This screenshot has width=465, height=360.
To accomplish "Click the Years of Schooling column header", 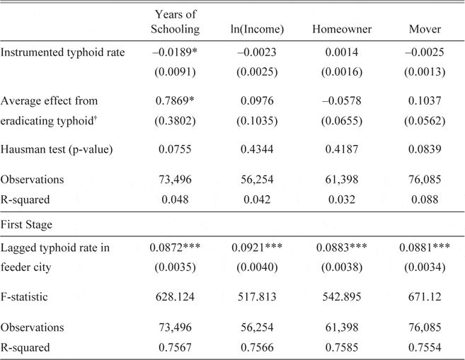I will [175, 22].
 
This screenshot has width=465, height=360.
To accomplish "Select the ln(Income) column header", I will [260, 29].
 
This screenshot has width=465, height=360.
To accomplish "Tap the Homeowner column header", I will [342, 29].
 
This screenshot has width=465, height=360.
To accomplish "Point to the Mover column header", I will [426, 29].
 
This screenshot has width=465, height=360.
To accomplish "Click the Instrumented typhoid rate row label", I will [63, 54].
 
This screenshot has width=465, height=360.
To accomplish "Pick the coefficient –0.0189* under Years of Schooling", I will [175, 54].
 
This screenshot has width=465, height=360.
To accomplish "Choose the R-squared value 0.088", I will [426, 199].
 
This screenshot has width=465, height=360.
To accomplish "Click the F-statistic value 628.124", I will [175, 297].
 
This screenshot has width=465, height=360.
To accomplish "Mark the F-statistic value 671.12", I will [426, 297].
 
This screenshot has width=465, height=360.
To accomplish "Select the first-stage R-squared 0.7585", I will [342, 347].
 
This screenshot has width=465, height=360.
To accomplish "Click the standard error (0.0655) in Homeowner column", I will [342, 121].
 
